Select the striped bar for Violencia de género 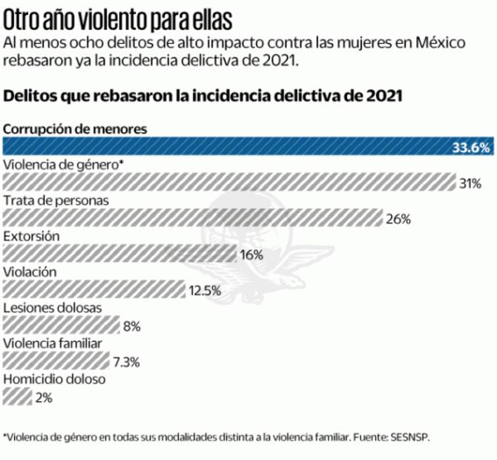click(x=228, y=183)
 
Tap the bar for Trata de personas click(x=193, y=218)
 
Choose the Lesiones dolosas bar click(x=62, y=325)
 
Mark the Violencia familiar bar click(x=56, y=361)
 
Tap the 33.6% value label click(x=471, y=148)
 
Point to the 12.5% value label click(x=205, y=290)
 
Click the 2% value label click(x=44, y=398)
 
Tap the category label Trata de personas click(x=56, y=200)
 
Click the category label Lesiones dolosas click(x=53, y=307)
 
